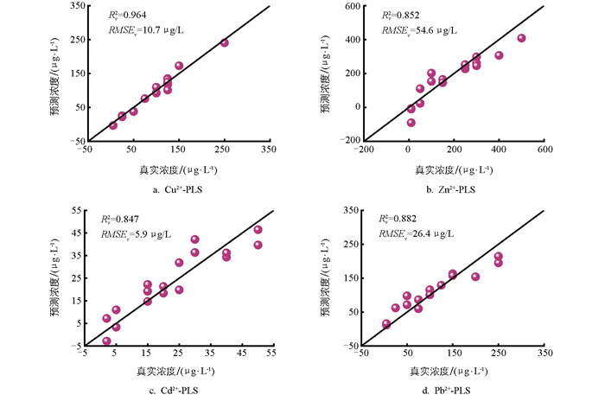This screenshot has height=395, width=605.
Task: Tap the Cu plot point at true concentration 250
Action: [x=225, y=42]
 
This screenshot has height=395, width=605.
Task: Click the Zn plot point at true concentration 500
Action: [x=521, y=38]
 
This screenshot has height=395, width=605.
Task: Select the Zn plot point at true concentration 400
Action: [x=499, y=55]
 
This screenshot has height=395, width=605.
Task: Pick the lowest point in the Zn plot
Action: [x=411, y=123]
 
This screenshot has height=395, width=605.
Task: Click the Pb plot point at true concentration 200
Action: [x=475, y=277]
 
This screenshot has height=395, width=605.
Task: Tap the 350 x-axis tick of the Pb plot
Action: [x=544, y=354]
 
